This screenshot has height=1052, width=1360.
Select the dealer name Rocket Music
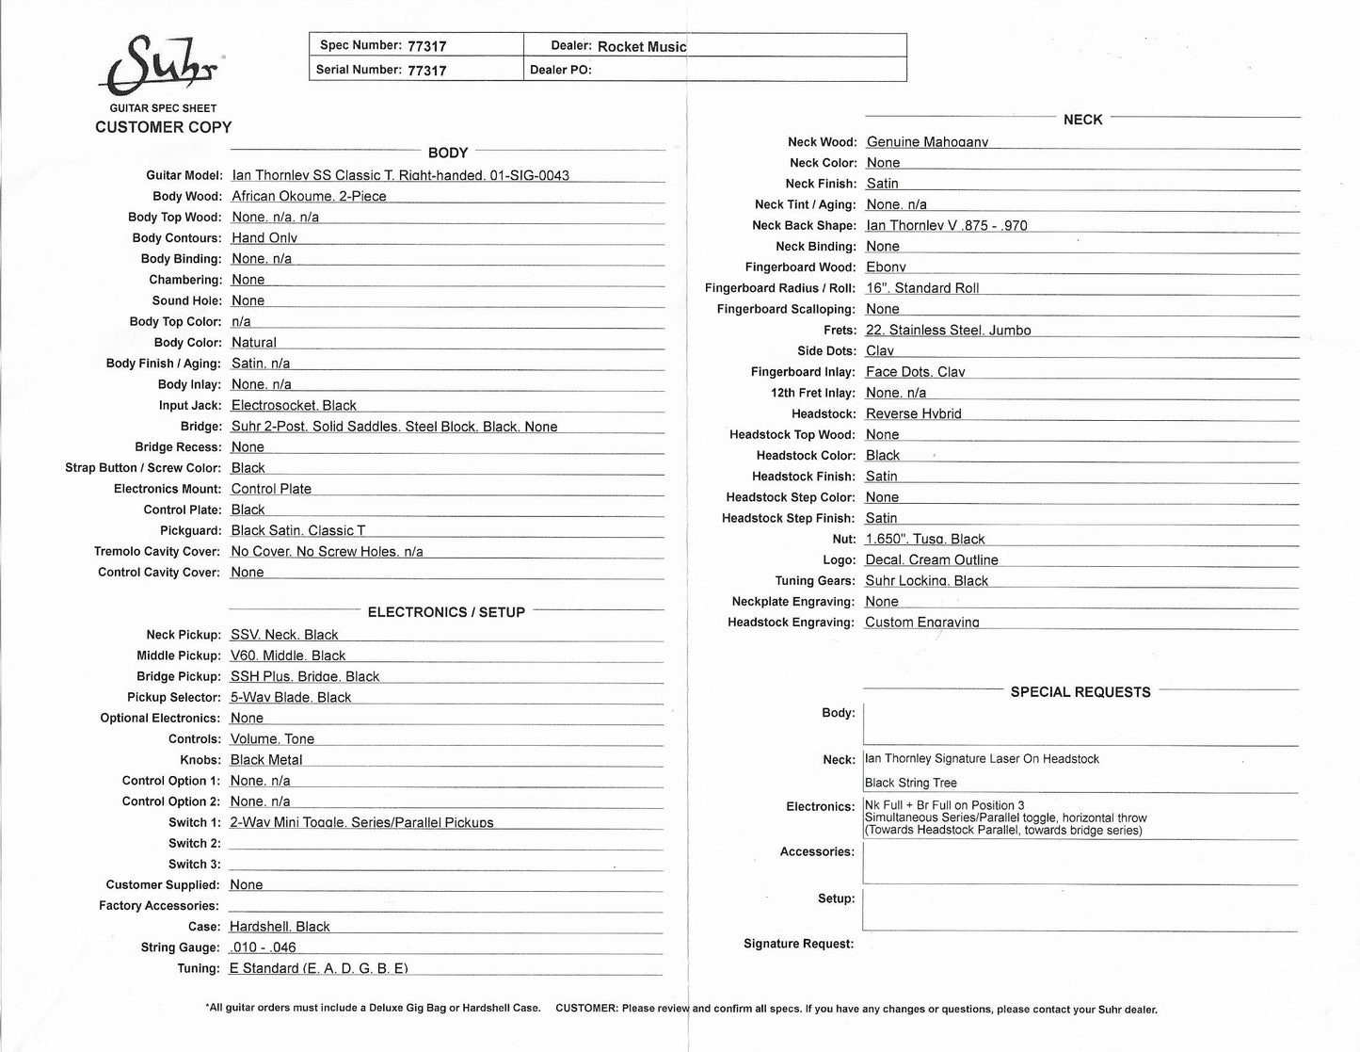coord(642,46)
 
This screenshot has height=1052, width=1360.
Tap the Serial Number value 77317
coord(427,70)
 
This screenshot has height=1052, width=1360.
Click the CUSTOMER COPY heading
coord(163,127)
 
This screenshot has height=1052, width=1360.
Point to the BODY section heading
coord(448,153)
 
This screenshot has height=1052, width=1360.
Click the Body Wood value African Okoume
coord(309,196)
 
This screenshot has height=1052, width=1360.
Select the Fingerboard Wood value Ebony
coord(886,267)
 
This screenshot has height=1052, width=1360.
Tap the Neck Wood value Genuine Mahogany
coord(927,142)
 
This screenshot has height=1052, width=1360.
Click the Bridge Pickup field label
coord(179,676)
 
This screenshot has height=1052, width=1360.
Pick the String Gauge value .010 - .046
coord(263,947)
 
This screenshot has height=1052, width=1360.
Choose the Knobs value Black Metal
coord(266,760)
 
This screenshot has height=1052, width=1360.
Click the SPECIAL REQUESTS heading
coord(1080,692)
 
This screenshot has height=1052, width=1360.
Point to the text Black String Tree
coord(910,783)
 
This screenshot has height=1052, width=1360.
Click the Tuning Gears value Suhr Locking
coord(926,581)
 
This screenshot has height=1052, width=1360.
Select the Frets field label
coord(840,331)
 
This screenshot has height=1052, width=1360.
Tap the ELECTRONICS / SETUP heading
coord(446,612)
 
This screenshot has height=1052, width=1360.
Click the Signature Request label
coord(798,944)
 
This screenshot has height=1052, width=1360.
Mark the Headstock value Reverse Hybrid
coord(913,414)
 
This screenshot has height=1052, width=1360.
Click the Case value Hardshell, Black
coord(280,927)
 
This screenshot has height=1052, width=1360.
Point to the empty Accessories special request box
coord(1080,863)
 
